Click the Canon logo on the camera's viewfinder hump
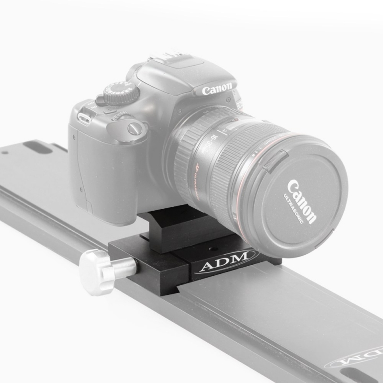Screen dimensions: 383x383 point(217,90)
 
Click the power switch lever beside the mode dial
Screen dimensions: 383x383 point(101,100)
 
